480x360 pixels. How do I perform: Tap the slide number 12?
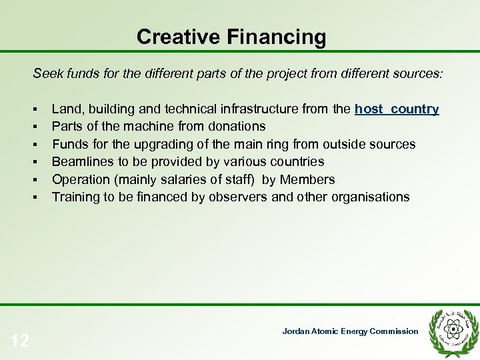[20, 341]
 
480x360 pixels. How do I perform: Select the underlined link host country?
[397, 109]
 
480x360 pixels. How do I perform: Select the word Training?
[75, 197]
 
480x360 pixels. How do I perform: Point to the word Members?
[307, 180]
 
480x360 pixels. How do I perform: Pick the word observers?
[237, 197]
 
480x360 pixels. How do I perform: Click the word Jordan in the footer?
[295, 331]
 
